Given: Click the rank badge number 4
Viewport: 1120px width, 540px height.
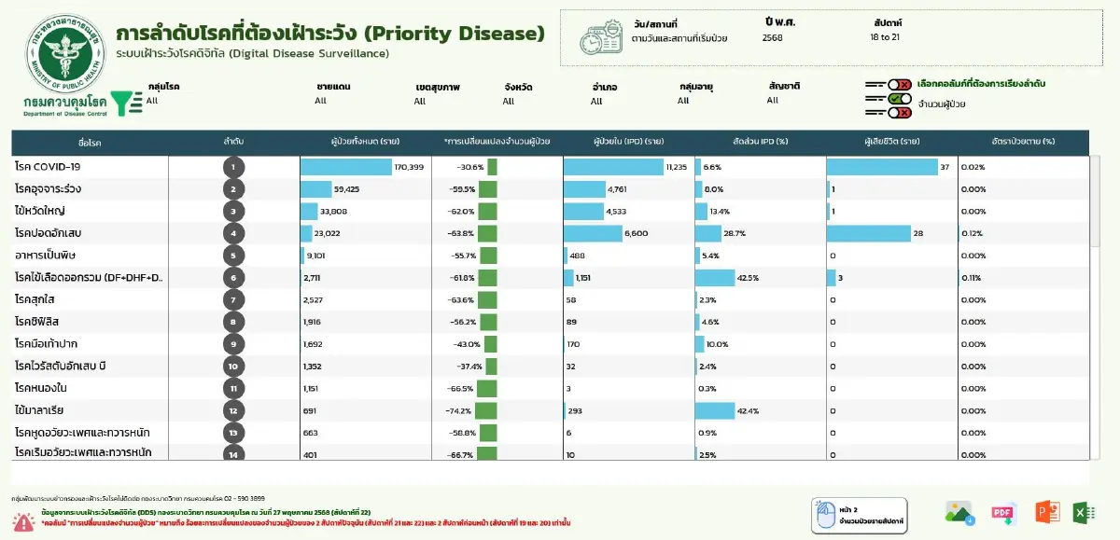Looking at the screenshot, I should click(234, 233).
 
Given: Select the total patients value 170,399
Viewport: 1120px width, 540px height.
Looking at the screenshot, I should click(409, 167).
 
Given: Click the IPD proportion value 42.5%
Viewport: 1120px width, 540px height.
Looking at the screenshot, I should click(748, 277).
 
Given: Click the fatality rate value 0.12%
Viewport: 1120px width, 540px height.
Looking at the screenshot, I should click(973, 233).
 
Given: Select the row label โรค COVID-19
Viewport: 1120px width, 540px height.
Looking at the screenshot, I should click(48, 167).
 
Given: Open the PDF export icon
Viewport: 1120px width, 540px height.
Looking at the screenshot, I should click(1003, 512).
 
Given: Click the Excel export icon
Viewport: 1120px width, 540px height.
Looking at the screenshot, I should click(1084, 512).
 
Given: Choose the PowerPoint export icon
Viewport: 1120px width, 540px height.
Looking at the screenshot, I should click(1047, 512).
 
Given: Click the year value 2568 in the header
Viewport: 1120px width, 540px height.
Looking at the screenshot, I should click(773, 38).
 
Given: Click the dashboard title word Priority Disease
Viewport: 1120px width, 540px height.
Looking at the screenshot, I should click(454, 34).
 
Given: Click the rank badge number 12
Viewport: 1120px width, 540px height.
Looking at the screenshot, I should click(234, 410).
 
